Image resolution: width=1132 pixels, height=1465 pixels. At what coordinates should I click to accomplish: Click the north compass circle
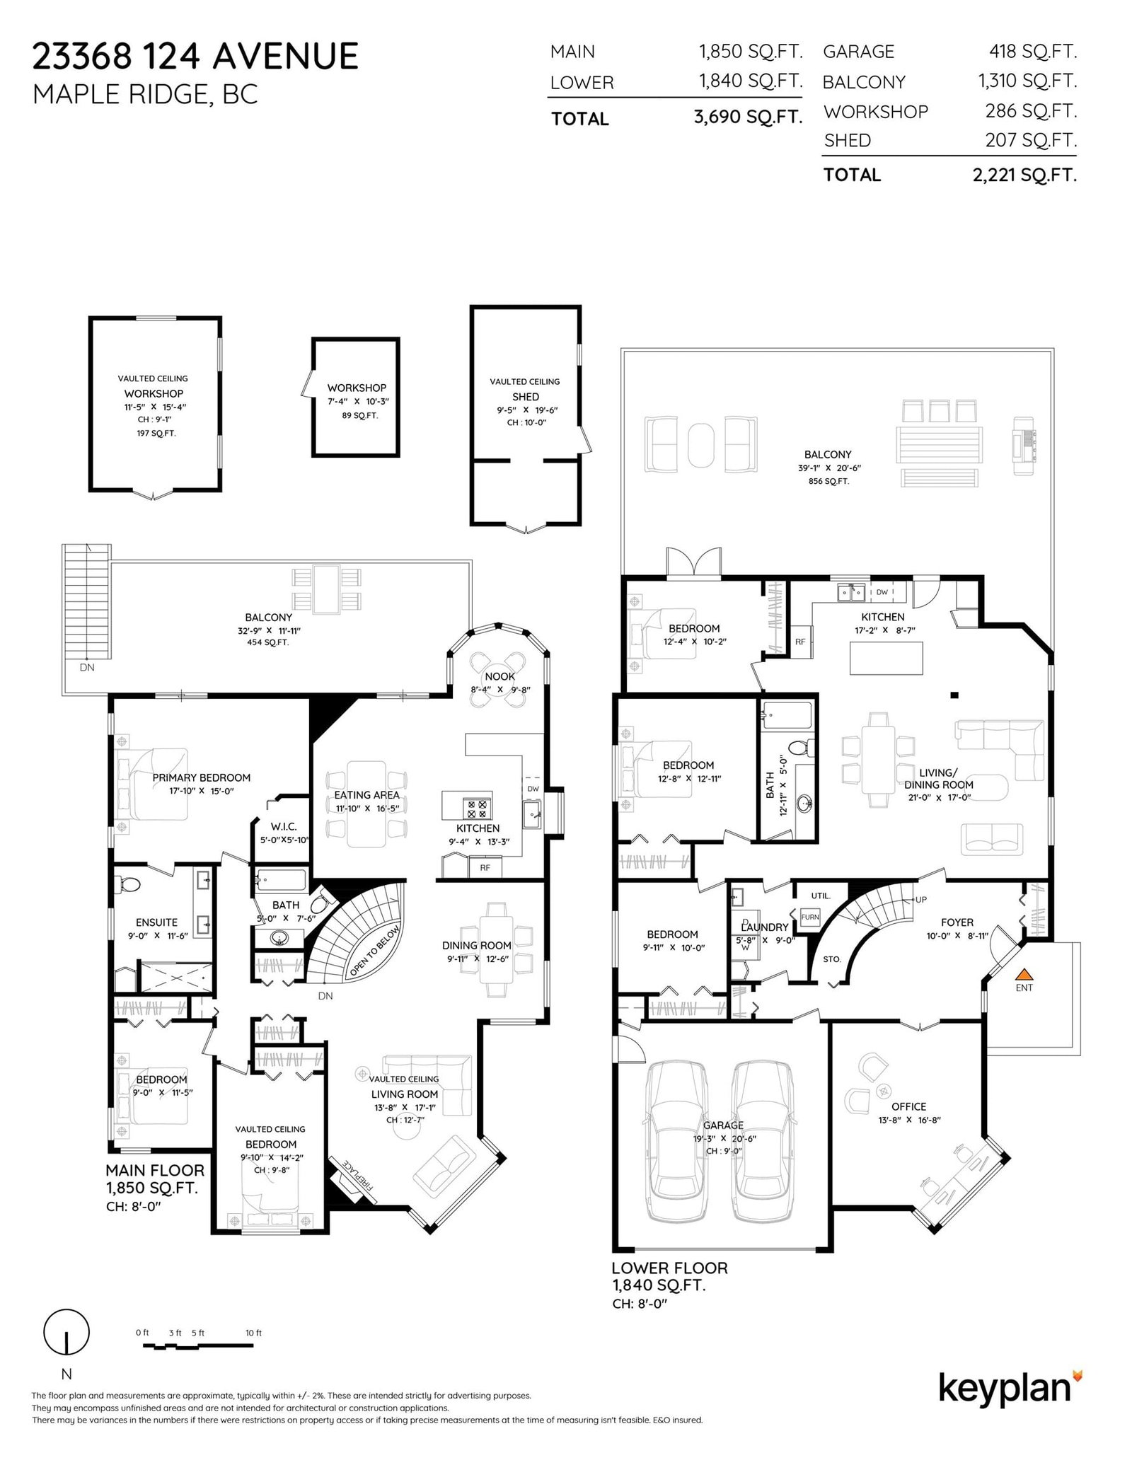[67, 1332]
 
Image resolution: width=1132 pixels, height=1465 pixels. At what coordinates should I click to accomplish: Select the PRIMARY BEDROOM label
[202, 777]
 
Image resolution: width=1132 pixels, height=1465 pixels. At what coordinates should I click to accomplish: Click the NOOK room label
[499, 676]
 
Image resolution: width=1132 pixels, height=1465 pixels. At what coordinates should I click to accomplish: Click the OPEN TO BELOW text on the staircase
[375, 951]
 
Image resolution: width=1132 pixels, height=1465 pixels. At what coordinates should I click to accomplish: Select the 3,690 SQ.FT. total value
[748, 117]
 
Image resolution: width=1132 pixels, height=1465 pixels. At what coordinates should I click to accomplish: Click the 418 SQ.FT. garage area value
[1033, 51]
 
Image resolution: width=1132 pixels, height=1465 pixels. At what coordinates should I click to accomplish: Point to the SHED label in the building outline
[526, 397]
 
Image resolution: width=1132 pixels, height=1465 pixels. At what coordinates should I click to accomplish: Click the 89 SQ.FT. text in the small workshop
[357, 415]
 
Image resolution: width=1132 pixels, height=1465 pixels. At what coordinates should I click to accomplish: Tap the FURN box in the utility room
[809, 917]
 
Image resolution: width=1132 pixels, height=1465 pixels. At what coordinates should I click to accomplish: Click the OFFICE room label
[908, 1106]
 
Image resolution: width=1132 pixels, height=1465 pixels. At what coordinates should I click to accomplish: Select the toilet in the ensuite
[130, 885]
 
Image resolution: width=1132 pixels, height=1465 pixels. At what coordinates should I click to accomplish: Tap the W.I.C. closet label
[283, 826]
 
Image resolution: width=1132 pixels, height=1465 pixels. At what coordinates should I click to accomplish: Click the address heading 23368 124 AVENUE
[195, 56]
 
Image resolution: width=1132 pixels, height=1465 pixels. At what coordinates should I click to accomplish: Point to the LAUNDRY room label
[764, 927]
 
